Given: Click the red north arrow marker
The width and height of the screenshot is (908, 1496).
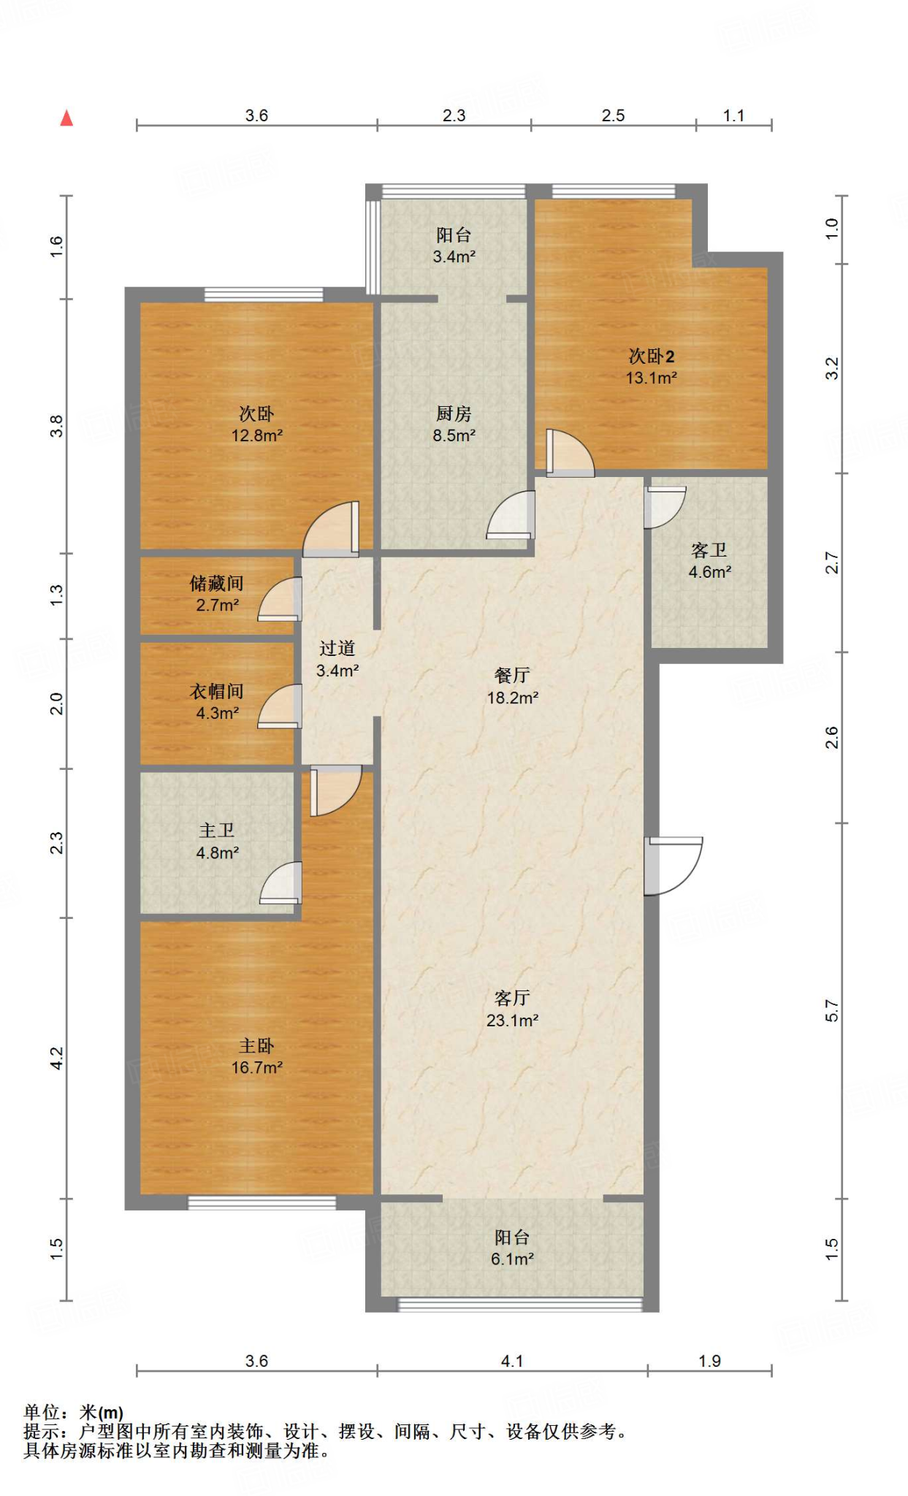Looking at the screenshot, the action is (66, 118).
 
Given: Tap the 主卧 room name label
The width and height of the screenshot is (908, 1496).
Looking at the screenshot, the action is (256, 1046).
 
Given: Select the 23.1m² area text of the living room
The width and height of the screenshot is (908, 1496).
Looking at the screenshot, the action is (513, 1020).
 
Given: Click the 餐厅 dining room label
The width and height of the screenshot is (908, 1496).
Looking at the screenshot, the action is (512, 676).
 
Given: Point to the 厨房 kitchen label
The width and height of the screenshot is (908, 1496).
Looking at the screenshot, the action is (454, 413).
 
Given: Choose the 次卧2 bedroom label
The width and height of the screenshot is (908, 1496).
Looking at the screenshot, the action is (652, 356).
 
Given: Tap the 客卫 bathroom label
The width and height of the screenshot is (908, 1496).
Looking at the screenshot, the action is (709, 550).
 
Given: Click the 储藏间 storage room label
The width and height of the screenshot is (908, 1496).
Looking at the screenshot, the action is (217, 583).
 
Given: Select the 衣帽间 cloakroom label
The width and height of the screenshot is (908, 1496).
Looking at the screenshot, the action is (217, 691).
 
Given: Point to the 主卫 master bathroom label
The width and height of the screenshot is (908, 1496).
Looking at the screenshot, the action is (217, 831).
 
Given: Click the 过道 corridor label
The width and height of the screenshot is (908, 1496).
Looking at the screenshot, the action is (337, 648).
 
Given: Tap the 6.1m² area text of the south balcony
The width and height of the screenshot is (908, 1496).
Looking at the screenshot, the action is (512, 1259).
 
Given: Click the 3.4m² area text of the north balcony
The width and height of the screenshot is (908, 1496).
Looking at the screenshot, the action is (454, 256).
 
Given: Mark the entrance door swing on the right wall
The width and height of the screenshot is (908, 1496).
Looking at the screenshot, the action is (674, 866).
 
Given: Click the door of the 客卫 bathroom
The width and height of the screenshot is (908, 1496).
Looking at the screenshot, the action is (665, 507).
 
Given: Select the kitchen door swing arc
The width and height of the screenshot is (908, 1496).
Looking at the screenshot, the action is (511, 515).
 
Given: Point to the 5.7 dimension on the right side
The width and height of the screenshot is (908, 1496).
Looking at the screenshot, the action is (832, 1011).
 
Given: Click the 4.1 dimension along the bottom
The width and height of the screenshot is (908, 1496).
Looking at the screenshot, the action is (512, 1361).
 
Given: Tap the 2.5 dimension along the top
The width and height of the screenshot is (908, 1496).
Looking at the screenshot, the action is (613, 115).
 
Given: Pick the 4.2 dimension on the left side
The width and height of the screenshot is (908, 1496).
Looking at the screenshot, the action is (57, 1058).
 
